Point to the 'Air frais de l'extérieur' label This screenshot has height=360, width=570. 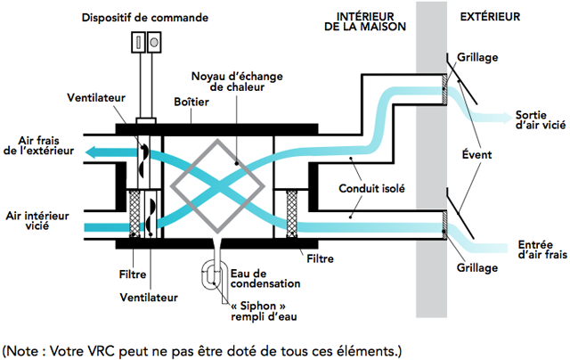[37, 145]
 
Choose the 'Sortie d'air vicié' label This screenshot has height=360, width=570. [539, 121]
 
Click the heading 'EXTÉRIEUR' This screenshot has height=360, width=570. [489, 16]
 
